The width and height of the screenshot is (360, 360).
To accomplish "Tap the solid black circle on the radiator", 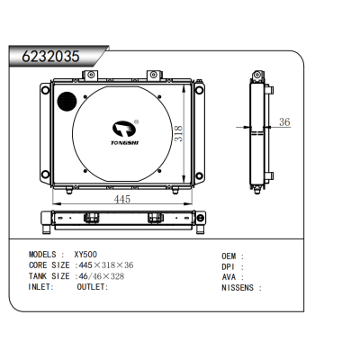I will [66, 99].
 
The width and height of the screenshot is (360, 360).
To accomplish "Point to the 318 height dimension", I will [178, 133].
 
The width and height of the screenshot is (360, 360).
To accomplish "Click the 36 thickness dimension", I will [283, 122].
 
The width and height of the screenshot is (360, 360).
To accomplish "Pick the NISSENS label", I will [240, 288].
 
